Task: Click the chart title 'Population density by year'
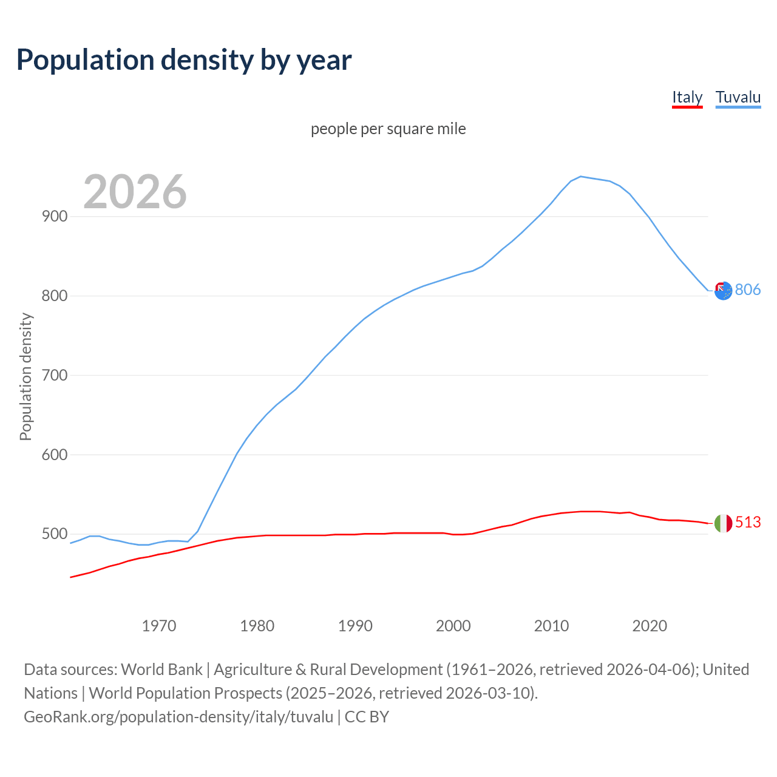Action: pos(184,60)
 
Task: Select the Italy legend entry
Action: pos(687,97)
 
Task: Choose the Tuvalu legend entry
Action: pos(738,97)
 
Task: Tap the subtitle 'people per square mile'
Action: pos(388,129)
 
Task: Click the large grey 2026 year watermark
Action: pos(135,192)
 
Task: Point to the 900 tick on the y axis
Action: pos(55,217)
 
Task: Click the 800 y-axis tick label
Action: pos(55,296)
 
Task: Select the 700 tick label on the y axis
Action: pos(55,375)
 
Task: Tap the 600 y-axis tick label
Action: pos(55,455)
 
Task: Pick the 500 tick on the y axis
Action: pos(55,534)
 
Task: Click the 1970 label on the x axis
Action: pos(159,626)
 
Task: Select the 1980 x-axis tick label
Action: pos(257,626)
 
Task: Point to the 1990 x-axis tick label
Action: pos(355,626)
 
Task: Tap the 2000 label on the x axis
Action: pos(453,626)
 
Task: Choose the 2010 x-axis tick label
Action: pos(551,626)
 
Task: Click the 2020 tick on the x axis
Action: pos(650,626)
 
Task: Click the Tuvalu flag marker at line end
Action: pos(723,291)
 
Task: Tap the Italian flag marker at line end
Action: pos(723,523)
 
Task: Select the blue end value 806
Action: pos(748,290)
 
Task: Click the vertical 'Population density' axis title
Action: pos(25,376)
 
